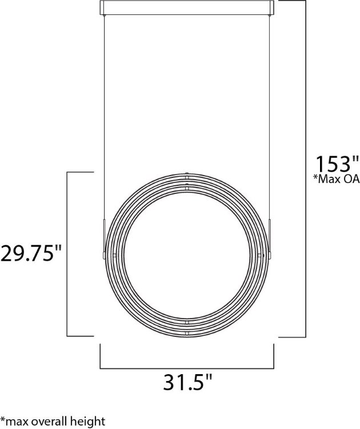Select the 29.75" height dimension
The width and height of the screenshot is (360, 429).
pyautogui.click(x=31, y=252)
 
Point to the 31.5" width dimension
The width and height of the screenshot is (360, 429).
pyautogui.click(x=187, y=382)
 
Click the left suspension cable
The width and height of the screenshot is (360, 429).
pyautogui.click(x=104, y=114)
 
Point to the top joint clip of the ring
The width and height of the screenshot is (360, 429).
pyautogui.click(x=187, y=180)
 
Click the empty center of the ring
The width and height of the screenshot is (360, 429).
pyautogui.click(x=187, y=253)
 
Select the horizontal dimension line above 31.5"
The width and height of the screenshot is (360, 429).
pyautogui.click(x=187, y=367)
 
